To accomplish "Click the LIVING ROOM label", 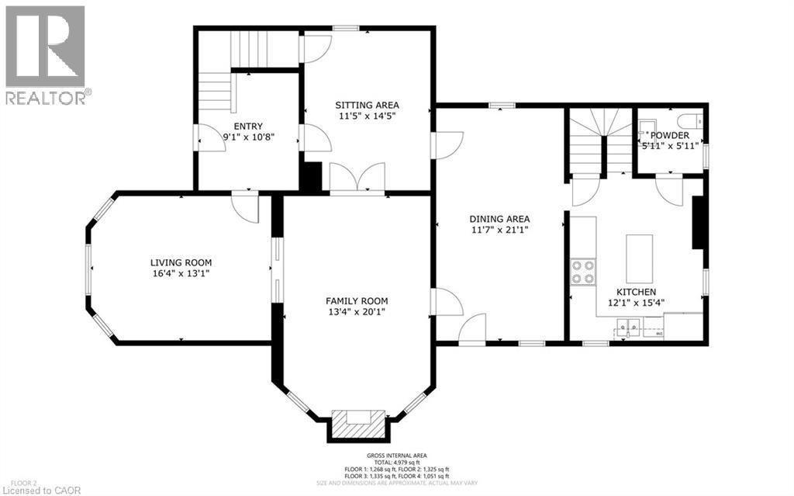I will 181,262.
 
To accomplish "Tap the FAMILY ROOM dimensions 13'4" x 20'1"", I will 357,312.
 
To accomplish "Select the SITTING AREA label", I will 367,105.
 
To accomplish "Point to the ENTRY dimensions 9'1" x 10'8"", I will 248,137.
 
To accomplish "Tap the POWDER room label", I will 670,135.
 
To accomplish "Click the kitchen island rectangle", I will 639,258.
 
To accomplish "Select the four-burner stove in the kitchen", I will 583,272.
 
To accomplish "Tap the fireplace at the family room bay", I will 357,423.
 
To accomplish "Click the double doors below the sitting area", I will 357,177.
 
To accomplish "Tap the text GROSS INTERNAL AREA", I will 397,456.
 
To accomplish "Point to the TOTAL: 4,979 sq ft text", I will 397,463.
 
